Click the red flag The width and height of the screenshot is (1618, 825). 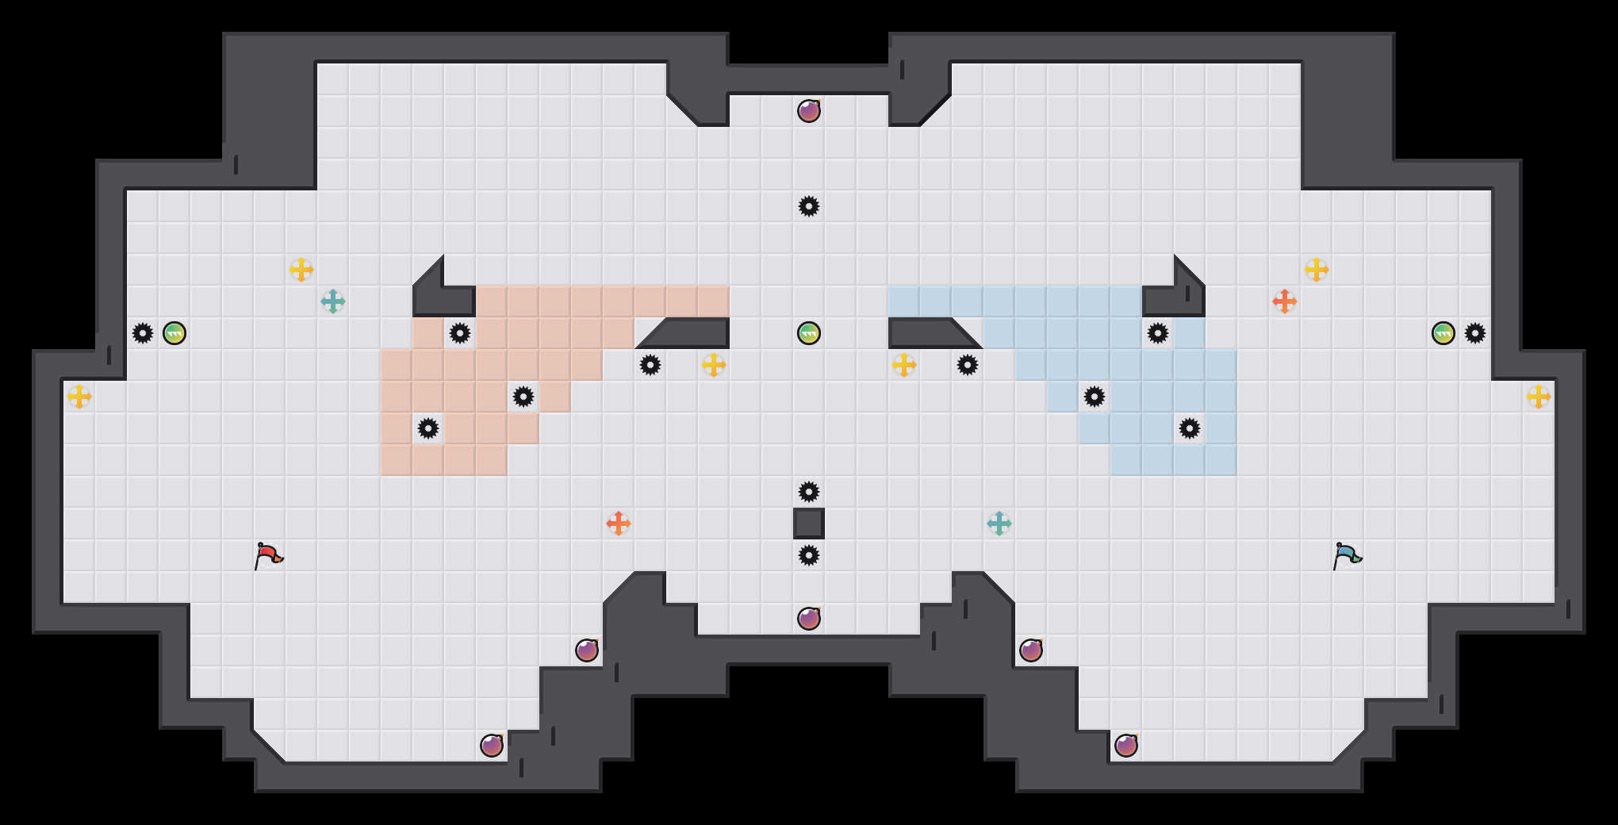tap(268, 554)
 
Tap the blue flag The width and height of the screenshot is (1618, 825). tap(1347, 554)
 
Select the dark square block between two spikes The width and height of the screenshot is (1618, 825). tap(809, 524)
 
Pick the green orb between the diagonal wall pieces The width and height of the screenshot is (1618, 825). tap(809, 333)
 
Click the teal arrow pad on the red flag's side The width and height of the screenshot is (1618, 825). tap(333, 301)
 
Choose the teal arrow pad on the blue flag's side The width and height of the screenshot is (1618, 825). tap(999, 524)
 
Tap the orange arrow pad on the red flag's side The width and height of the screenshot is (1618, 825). tap(619, 524)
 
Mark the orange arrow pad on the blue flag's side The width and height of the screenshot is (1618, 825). tap(1285, 301)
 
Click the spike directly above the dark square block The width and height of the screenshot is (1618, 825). tap(809, 492)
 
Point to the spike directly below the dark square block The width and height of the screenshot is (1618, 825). tap(809, 555)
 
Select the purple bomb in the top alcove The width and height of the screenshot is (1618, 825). tap(809, 111)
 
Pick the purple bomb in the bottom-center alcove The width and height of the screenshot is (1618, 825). tap(809, 619)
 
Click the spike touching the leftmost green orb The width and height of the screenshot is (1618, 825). tap(143, 333)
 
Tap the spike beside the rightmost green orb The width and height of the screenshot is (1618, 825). tap(1475, 333)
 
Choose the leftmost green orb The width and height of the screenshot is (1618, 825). tap(174, 333)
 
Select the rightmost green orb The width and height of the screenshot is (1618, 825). tap(1444, 333)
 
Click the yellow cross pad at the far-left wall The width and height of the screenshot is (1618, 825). tap(79, 397)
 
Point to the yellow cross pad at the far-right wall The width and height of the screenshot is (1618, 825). tap(1539, 397)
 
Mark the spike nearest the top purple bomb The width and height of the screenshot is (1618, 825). tap(809, 206)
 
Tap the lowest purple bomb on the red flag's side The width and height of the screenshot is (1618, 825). tap(492, 746)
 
